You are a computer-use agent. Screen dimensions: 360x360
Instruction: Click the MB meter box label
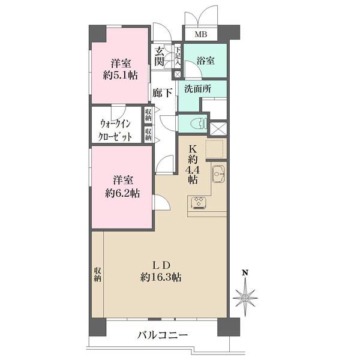[201, 34]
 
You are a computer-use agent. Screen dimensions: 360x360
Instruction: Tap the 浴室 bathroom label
[206, 61]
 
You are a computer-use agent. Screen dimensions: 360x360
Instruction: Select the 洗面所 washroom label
[198, 89]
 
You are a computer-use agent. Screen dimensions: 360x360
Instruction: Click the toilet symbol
[199, 124]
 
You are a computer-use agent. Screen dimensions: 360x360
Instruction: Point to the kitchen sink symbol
[218, 174]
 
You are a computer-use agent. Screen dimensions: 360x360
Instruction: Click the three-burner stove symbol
[199, 203]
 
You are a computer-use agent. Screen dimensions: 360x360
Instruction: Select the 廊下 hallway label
[163, 93]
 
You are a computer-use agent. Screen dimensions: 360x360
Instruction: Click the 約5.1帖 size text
[121, 75]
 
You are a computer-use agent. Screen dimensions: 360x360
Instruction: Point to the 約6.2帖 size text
[122, 193]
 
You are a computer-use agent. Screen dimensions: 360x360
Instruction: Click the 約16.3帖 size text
[161, 277]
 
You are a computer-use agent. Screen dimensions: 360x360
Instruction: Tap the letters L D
[161, 265]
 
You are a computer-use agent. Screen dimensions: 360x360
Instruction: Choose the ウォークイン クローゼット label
[115, 130]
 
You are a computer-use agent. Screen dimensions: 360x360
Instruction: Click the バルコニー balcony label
[163, 335]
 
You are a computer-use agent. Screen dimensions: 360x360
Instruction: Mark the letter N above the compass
[245, 273]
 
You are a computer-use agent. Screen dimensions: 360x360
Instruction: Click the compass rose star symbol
[245, 298]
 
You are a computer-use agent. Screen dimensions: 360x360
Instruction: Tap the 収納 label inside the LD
[97, 275]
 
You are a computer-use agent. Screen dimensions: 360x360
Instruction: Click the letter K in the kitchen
[193, 149]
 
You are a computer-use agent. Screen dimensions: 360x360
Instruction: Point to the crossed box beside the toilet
[218, 128]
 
